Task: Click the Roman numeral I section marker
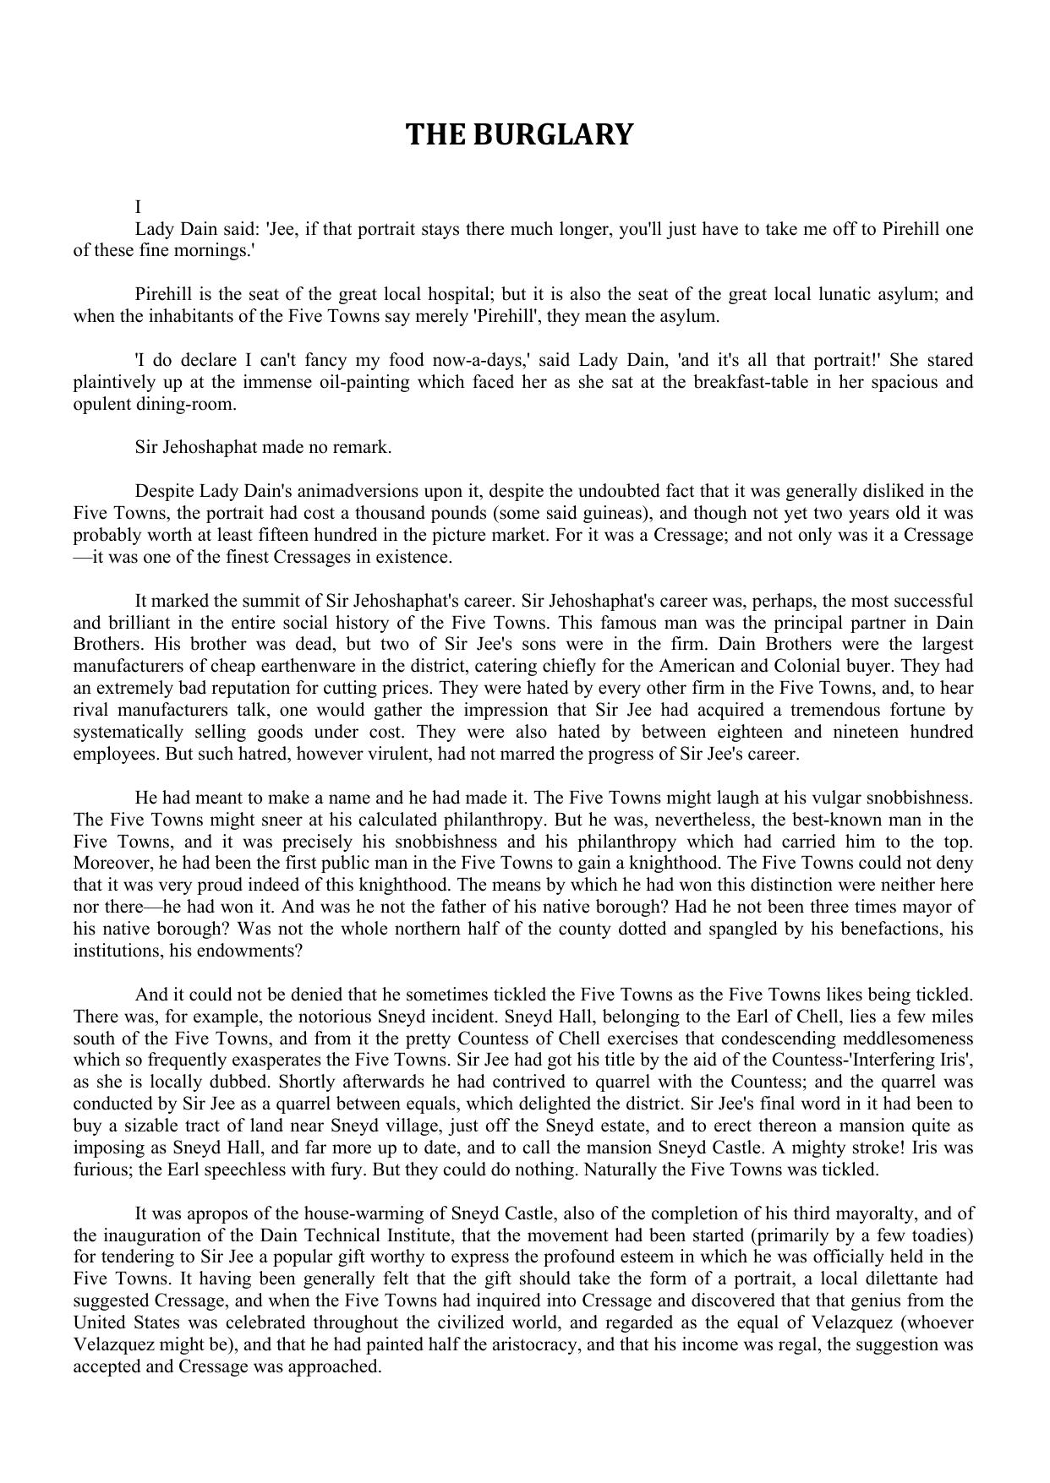pos(138,207)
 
